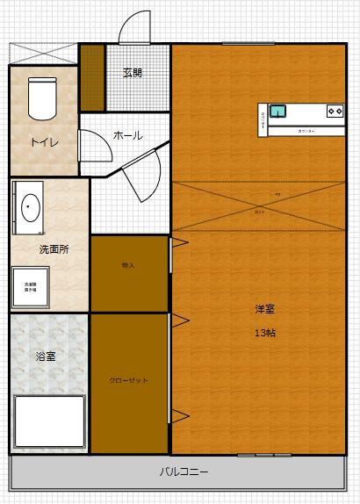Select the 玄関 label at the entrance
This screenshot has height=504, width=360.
tap(133, 73)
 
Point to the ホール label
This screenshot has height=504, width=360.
tap(128, 135)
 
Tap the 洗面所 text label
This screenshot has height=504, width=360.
tap(54, 248)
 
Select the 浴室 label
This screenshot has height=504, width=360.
tap(46, 356)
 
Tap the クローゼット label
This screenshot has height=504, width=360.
tap(128, 380)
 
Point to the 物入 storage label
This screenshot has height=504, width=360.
tap(128, 264)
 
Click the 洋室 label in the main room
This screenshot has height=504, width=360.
tap(265, 309)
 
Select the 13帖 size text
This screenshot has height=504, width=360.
tap(265, 333)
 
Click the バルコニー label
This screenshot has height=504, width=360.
tap(184, 472)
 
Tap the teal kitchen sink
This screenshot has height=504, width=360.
tap(278, 111)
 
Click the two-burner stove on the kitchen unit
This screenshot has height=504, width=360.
tap(335, 111)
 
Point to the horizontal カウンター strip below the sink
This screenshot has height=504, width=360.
tap(306, 131)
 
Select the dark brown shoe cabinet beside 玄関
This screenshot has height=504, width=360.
tap(91, 76)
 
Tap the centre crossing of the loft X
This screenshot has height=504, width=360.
tap(258, 205)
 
